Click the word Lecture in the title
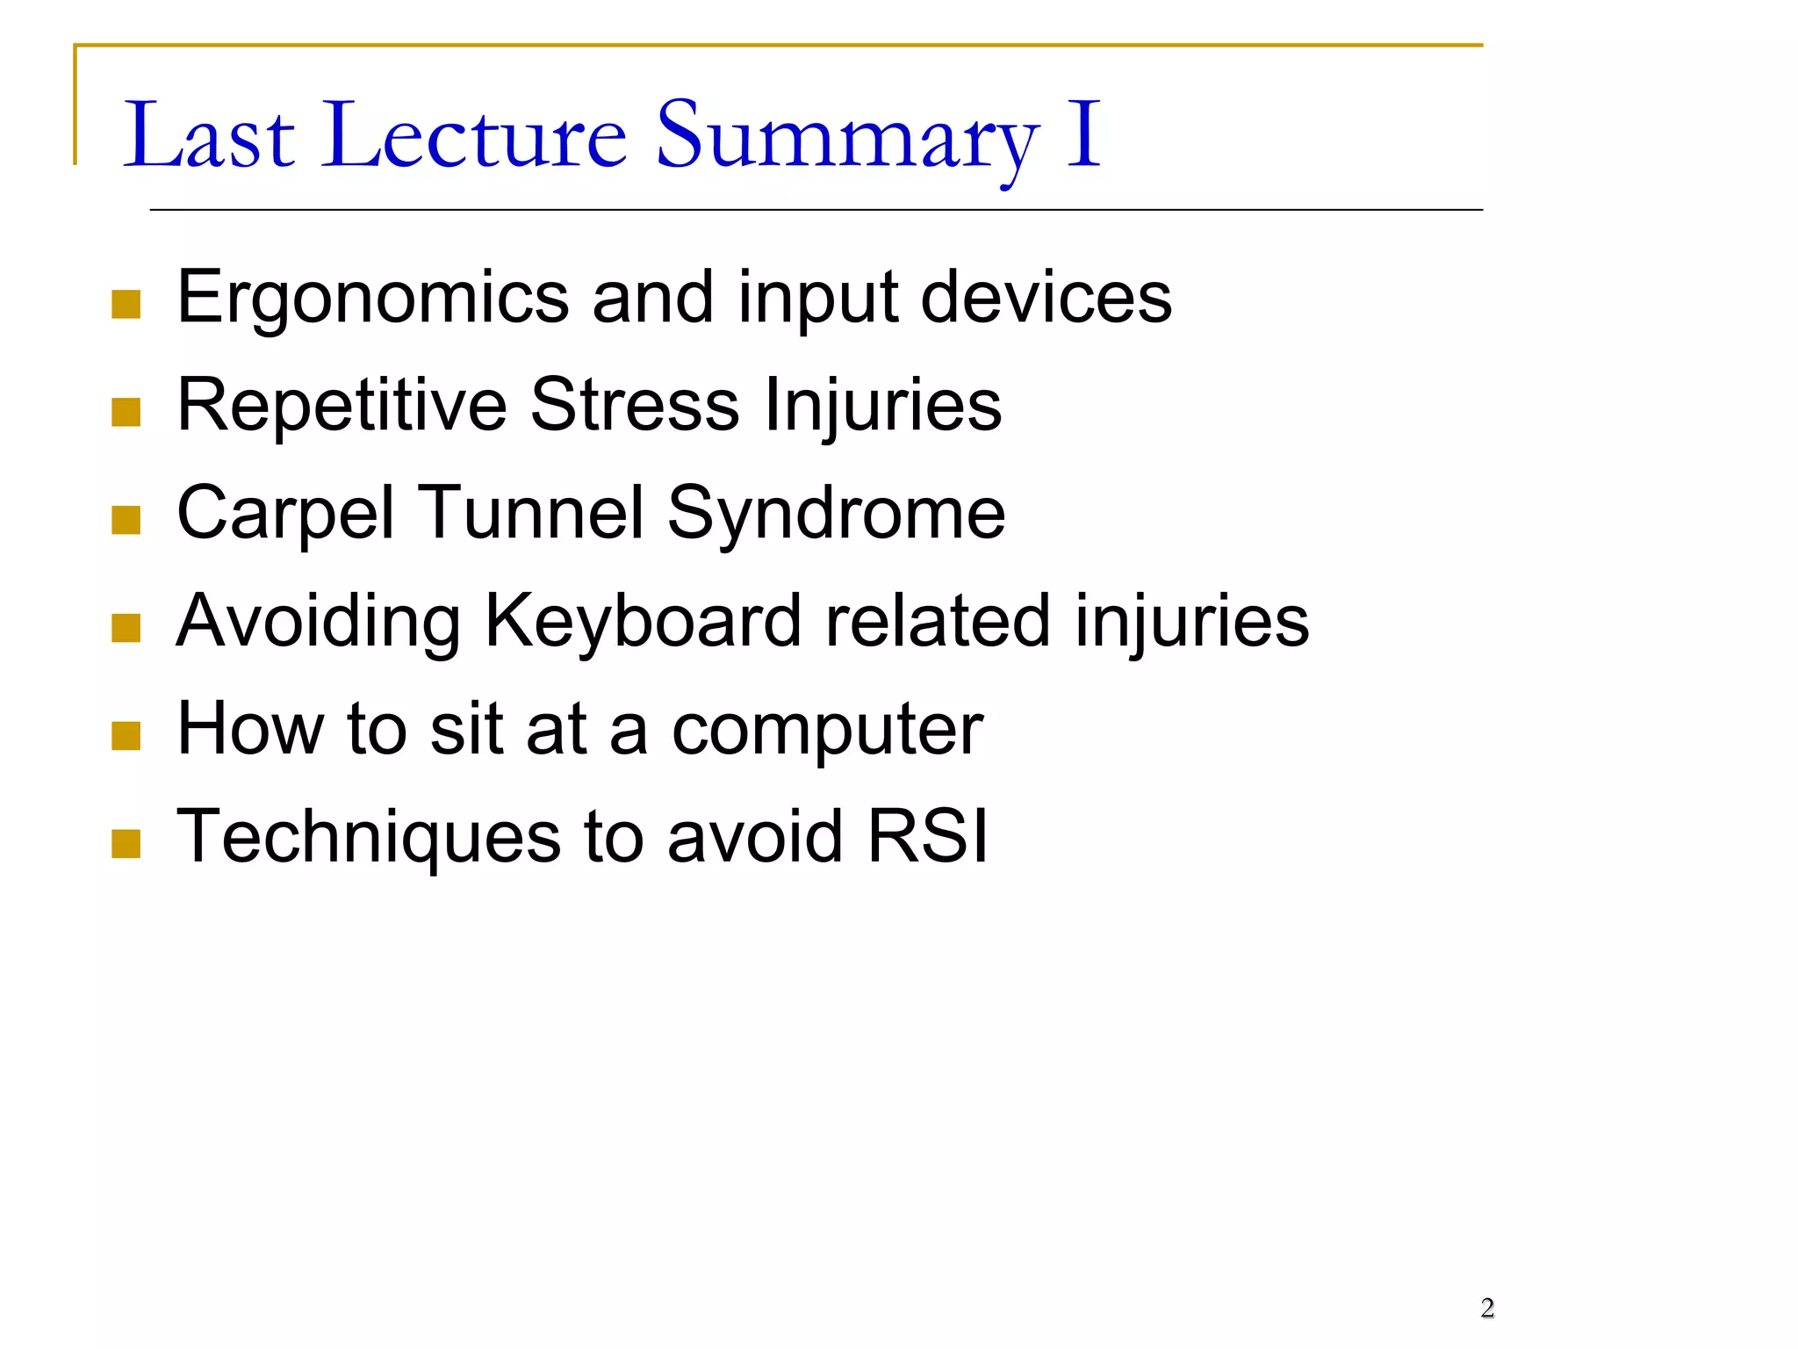tap(475, 136)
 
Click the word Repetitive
tap(342, 406)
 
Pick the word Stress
tap(635, 406)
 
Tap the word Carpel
tap(285, 514)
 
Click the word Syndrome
tap(836, 514)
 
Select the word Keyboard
tap(642, 621)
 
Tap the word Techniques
tap(368, 838)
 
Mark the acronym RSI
tap(928, 836)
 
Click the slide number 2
tap(1487, 1308)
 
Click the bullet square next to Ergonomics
tap(126, 305)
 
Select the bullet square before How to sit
tap(126, 736)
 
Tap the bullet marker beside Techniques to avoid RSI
tap(126, 844)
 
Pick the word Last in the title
tap(209, 136)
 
